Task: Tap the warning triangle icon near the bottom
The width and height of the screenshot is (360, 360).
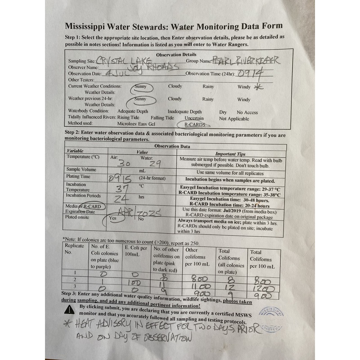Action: coord(70,309)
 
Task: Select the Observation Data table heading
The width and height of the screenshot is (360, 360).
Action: coord(172,146)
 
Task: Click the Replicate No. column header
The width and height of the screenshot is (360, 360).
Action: coord(74,250)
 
